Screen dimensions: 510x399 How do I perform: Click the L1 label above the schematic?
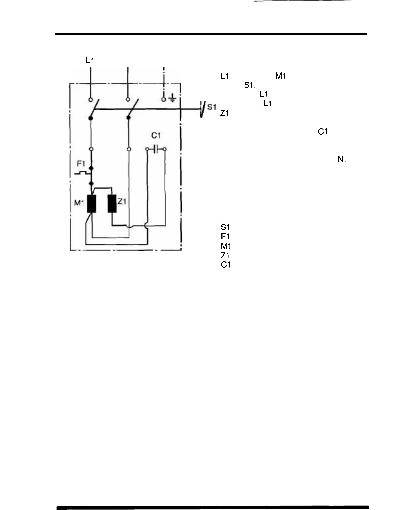90,61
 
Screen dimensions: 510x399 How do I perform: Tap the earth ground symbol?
173,98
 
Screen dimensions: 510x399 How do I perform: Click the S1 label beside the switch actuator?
212,107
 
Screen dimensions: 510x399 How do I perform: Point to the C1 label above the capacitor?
156,135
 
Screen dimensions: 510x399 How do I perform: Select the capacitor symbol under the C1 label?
156,149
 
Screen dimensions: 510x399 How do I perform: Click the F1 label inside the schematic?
81,164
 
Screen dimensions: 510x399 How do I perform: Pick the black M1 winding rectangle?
92,204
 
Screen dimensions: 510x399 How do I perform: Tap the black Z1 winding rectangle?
112,204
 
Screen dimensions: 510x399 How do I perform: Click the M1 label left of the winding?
79,203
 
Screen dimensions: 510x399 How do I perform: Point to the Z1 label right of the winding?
122,202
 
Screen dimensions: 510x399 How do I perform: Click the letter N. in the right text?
342,160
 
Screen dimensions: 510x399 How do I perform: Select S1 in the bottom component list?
225,227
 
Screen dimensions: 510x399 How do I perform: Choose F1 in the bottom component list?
225,236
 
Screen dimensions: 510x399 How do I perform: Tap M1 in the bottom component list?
226,246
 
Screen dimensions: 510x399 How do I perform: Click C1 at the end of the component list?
226,265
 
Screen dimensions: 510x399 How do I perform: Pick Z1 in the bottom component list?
225,255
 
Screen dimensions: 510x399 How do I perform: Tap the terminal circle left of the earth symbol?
164,99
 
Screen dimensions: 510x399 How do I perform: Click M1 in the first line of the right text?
280,76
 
